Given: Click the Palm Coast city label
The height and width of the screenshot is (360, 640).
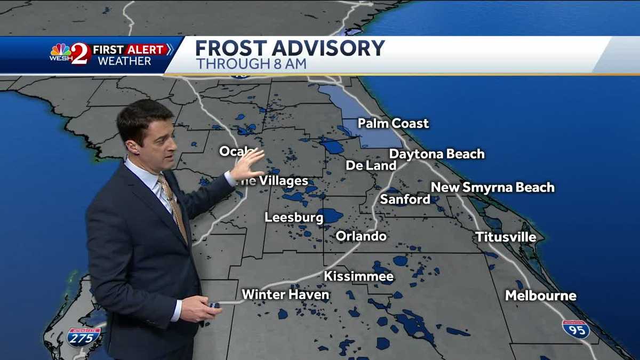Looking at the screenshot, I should [393, 124].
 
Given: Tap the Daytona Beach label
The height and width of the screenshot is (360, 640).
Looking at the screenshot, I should [437, 154].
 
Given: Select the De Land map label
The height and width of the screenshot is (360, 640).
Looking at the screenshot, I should [371, 165].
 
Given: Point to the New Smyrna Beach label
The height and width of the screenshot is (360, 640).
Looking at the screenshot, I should [492, 187].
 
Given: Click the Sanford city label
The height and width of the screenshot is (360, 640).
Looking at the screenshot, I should [405, 199].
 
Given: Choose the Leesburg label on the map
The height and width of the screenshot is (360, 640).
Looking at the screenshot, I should [294, 218].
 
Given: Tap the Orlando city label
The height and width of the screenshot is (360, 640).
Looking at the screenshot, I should [361, 236].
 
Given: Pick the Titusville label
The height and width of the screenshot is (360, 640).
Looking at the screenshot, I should [506, 237].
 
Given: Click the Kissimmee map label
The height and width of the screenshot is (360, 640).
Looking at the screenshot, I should [359, 276].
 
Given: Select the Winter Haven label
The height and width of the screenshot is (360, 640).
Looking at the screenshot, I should [285, 294].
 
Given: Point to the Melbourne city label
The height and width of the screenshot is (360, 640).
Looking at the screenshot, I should [541, 295].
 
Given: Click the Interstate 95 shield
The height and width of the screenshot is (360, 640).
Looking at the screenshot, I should [576, 329].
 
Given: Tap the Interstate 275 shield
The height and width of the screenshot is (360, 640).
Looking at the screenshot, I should [84, 337].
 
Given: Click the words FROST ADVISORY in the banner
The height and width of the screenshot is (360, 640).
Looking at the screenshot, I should [290, 49].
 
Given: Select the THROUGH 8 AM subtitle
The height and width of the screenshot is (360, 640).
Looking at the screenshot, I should [251, 64].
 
